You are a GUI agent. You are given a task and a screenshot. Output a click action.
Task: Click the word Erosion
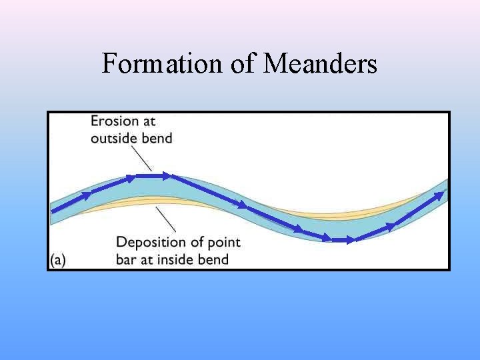[x=115, y=121]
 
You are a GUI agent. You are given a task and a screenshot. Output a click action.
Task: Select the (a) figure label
[x=58, y=260]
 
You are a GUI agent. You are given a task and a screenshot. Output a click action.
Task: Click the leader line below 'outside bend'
[x=141, y=158]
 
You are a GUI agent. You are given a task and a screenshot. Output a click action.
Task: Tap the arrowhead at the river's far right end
[x=440, y=194]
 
